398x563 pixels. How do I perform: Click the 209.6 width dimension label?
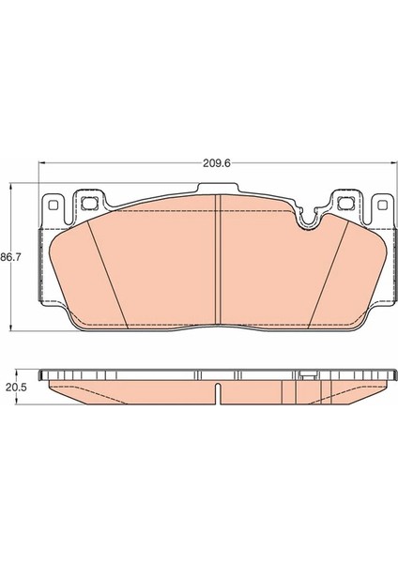pos(216,163)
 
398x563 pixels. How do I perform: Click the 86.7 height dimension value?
pos(11,257)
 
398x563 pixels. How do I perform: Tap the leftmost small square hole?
pos(53,205)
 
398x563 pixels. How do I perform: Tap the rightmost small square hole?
pos(383,205)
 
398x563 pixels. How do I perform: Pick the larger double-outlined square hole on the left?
pos(89,204)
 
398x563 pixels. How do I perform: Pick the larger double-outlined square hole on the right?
pos(346,204)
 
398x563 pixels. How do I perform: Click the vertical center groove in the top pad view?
pos(218,259)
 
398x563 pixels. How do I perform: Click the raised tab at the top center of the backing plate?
pos(218,189)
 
